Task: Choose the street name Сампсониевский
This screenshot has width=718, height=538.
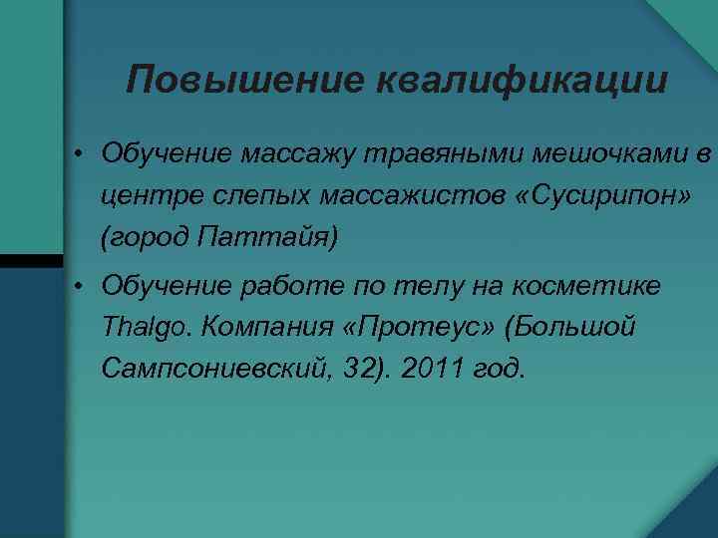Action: pos(222,370)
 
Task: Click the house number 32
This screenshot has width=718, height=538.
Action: pos(384,370)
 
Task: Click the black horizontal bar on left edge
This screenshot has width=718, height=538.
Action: pos(31,260)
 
